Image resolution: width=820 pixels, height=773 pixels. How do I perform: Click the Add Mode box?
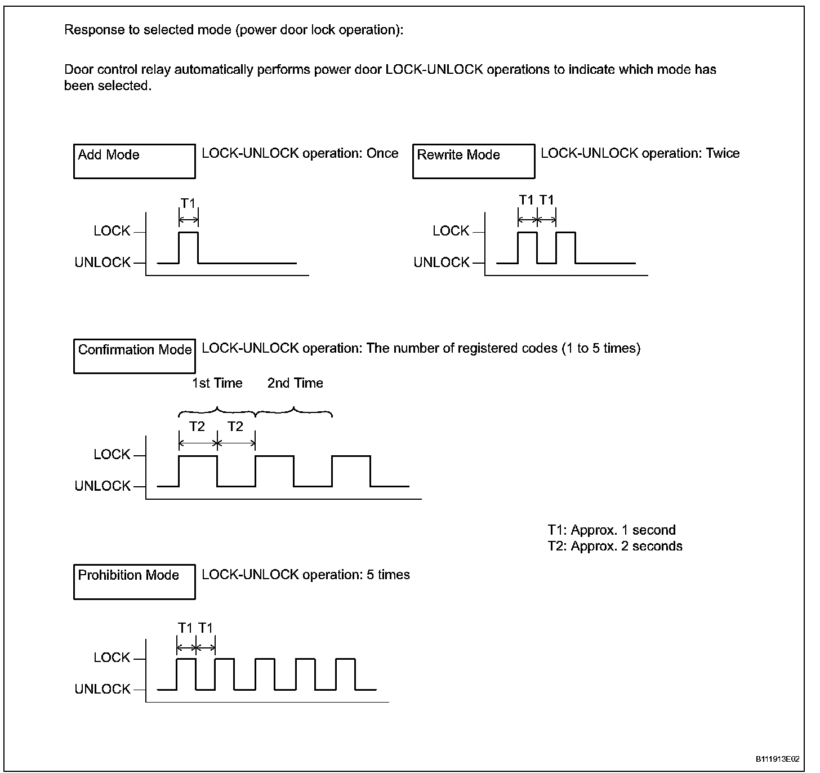[134, 161]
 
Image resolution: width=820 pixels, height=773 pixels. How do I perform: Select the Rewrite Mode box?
[473, 161]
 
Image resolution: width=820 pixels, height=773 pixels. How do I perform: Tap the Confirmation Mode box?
[134, 356]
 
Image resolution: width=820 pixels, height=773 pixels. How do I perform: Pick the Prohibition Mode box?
[134, 581]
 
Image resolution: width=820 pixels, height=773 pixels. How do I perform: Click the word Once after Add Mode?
[382, 153]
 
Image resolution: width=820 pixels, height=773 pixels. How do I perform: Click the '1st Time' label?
[217, 383]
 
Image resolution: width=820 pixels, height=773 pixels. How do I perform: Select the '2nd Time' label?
[295, 383]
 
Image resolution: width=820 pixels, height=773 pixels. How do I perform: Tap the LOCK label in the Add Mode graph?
[112, 231]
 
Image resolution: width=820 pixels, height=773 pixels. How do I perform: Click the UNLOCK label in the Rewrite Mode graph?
[441, 263]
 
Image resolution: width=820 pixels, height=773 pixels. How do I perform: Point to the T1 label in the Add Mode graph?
[188, 203]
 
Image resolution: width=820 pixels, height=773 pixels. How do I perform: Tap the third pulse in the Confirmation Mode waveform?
[351, 470]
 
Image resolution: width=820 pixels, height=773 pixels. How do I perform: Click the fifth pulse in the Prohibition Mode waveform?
[345, 673]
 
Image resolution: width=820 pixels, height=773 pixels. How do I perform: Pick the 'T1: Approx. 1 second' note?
[611, 530]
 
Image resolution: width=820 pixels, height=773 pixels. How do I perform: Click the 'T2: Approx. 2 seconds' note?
[614, 546]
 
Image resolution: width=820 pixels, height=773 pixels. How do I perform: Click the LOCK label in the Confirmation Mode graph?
[112, 455]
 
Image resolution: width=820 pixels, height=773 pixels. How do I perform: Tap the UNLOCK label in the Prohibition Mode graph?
[102, 689]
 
